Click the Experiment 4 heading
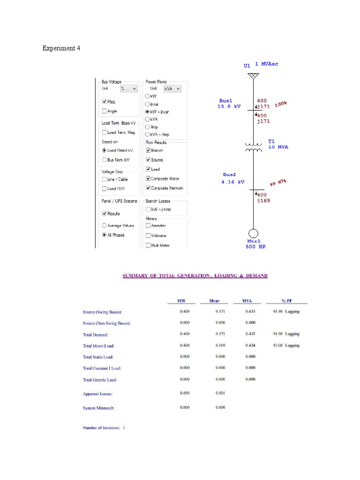[61, 48]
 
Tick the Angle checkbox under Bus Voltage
[104, 111]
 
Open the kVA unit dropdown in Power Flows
[172, 88]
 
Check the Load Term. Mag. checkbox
[104, 133]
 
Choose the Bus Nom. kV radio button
[104, 160]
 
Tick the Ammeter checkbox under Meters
[148, 226]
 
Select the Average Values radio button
[104, 225]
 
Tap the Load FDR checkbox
[104, 188]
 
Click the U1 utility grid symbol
[253, 76]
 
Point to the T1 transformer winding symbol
[253, 147]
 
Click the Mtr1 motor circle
[253, 233]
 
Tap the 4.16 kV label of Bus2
[233, 182]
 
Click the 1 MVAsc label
[267, 64]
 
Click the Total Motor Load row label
[98, 345]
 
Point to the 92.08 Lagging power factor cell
[285, 345]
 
